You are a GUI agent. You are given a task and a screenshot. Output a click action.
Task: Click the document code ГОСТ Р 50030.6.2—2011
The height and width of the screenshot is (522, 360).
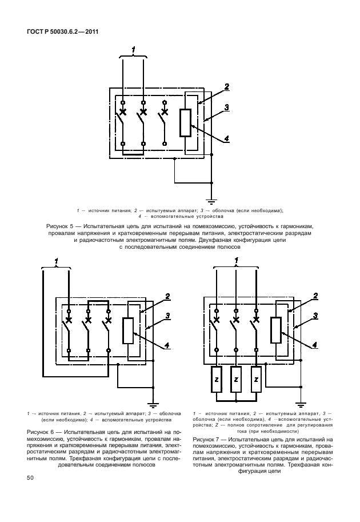(63, 31)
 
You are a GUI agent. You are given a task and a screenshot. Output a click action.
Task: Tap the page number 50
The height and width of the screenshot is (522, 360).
(29, 477)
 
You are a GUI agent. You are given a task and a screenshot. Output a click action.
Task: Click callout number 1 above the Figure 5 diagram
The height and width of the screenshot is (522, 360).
(133, 50)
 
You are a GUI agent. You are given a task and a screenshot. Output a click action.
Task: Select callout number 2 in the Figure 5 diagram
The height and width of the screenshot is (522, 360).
(227, 86)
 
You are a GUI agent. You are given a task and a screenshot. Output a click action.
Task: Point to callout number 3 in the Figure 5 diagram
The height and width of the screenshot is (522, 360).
(227, 107)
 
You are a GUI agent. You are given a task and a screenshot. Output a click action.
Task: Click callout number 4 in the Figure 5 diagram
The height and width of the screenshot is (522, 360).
(227, 138)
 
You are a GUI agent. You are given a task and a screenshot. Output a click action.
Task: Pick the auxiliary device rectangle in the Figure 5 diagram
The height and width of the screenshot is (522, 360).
(185, 123)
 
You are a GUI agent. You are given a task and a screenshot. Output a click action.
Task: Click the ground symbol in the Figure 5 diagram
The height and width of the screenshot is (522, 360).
(211, 201)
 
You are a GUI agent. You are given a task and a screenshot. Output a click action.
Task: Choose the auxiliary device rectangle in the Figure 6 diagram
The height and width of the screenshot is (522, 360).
(128, 330)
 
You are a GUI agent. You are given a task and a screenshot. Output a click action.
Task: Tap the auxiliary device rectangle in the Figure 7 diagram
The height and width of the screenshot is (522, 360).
(277, 330)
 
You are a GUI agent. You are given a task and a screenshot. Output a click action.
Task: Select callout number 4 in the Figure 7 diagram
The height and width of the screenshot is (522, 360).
(315, 344)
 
